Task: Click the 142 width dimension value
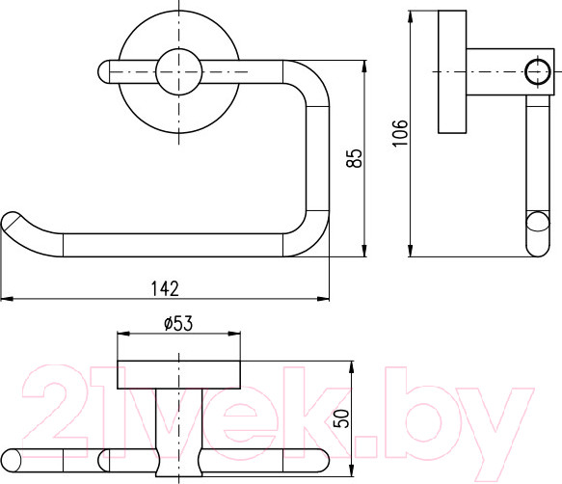165,288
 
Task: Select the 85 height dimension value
355,158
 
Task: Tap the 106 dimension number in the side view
400,133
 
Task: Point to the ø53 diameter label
178,323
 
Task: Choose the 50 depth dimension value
341,418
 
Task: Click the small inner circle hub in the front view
178,71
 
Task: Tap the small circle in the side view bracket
538,71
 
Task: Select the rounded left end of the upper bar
104,71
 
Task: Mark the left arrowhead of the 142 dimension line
7,298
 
